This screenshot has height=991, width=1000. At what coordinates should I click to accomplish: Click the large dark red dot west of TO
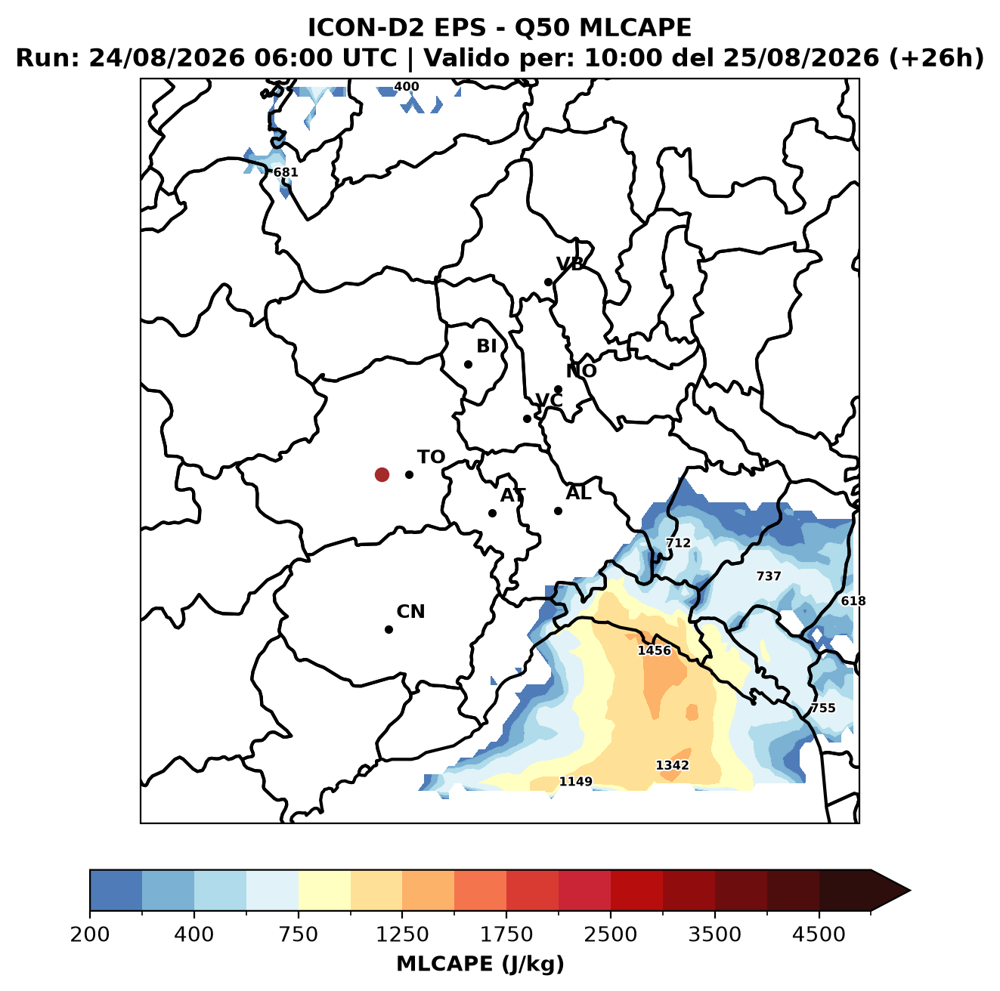pos(382,474)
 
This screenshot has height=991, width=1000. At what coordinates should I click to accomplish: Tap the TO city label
pos(431,457)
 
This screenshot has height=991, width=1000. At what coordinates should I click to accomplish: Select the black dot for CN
pos(389,629)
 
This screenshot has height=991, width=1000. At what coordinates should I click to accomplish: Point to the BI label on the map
pos(486,346)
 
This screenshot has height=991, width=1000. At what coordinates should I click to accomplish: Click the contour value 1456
pos(654,650)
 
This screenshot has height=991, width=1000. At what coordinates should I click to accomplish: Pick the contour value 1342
pos(672,765)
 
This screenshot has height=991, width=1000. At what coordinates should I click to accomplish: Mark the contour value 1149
pos(575,781)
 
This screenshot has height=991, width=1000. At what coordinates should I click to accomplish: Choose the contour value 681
pos(286,172)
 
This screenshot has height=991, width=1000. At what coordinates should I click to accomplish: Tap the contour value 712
pos(678,542)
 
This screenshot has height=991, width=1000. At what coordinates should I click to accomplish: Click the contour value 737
pos(768,576)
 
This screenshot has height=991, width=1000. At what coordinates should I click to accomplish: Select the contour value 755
pos(822,708)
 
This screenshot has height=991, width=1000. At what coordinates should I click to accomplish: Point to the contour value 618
pos(853,600)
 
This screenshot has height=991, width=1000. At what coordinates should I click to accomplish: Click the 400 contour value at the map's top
pos(406,87)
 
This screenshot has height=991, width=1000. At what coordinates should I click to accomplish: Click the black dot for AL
pos(557,511)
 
